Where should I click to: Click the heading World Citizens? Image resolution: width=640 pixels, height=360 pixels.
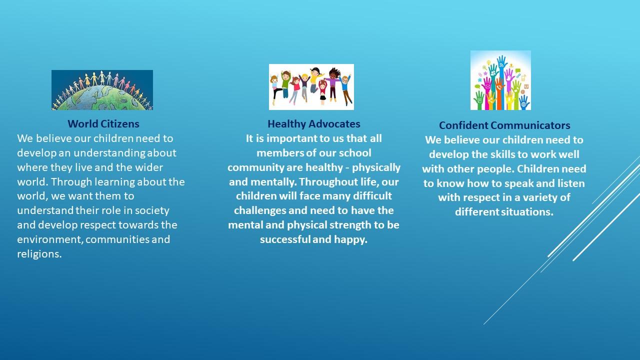[103, 124]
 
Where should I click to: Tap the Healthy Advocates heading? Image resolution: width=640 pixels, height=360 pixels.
[313, 124]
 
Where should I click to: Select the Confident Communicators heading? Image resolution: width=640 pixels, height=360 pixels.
[504, 125]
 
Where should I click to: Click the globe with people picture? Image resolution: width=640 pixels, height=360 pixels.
[102, 90]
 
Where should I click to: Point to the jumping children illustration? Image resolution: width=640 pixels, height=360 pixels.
[311, 87]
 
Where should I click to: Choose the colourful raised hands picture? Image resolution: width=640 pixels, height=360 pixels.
[500, 80]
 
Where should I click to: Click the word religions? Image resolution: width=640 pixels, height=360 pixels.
[39, 254]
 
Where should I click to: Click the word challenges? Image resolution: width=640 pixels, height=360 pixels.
[259, 211]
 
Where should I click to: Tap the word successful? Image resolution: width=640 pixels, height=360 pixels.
[285, 239]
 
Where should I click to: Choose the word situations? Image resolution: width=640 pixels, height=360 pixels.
[527, 212]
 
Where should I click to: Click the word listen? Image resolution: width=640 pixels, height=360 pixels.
[571, 183]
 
